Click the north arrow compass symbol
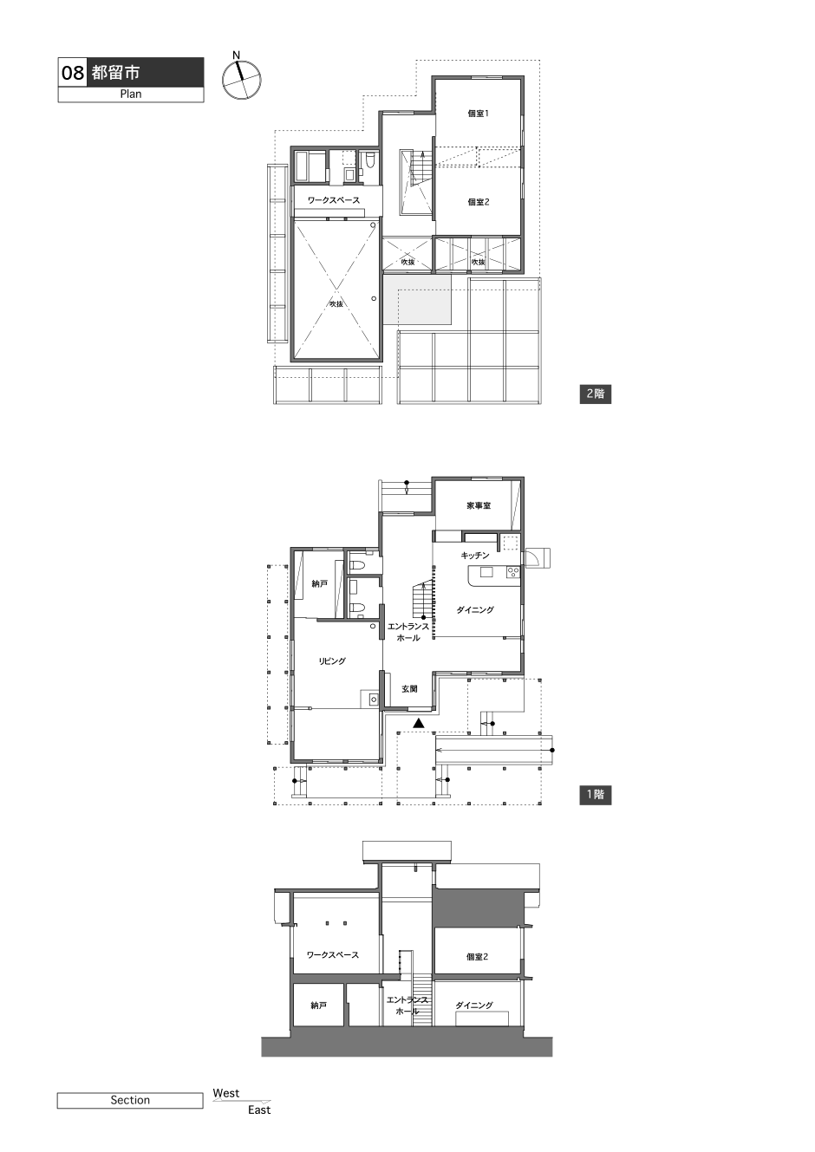click(241, 80)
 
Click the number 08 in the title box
click(73, 73)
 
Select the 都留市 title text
click(116, 73)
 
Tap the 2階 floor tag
click(596, 394)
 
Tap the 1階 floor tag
click(596, 795)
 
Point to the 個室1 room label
click(478, 114)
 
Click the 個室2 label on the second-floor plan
click(478, 202)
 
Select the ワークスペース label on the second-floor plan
click(334, 200)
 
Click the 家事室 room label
click(479, 505)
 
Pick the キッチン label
click(475, 556)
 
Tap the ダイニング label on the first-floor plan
click(475, 610)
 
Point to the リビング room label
click(332, 661)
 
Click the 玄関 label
click(409, 689)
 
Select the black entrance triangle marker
click(419, 724)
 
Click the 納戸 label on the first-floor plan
click(320, 584)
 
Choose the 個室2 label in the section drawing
click(477, 957)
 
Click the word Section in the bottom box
click(130, 1100)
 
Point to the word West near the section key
click(226, 1093)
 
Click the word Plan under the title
click(131, 94)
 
